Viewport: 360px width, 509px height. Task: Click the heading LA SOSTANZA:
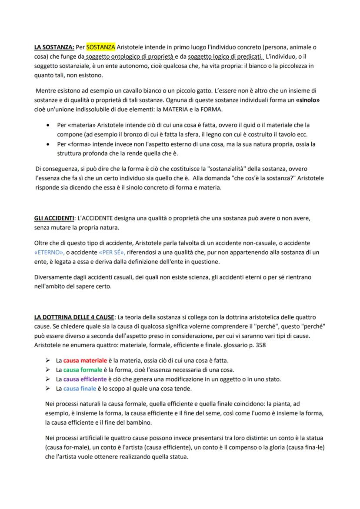pos(54,47)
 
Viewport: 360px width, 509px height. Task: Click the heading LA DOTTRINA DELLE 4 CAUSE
pos(74,317)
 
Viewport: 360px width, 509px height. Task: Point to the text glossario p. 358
pos(239,346)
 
